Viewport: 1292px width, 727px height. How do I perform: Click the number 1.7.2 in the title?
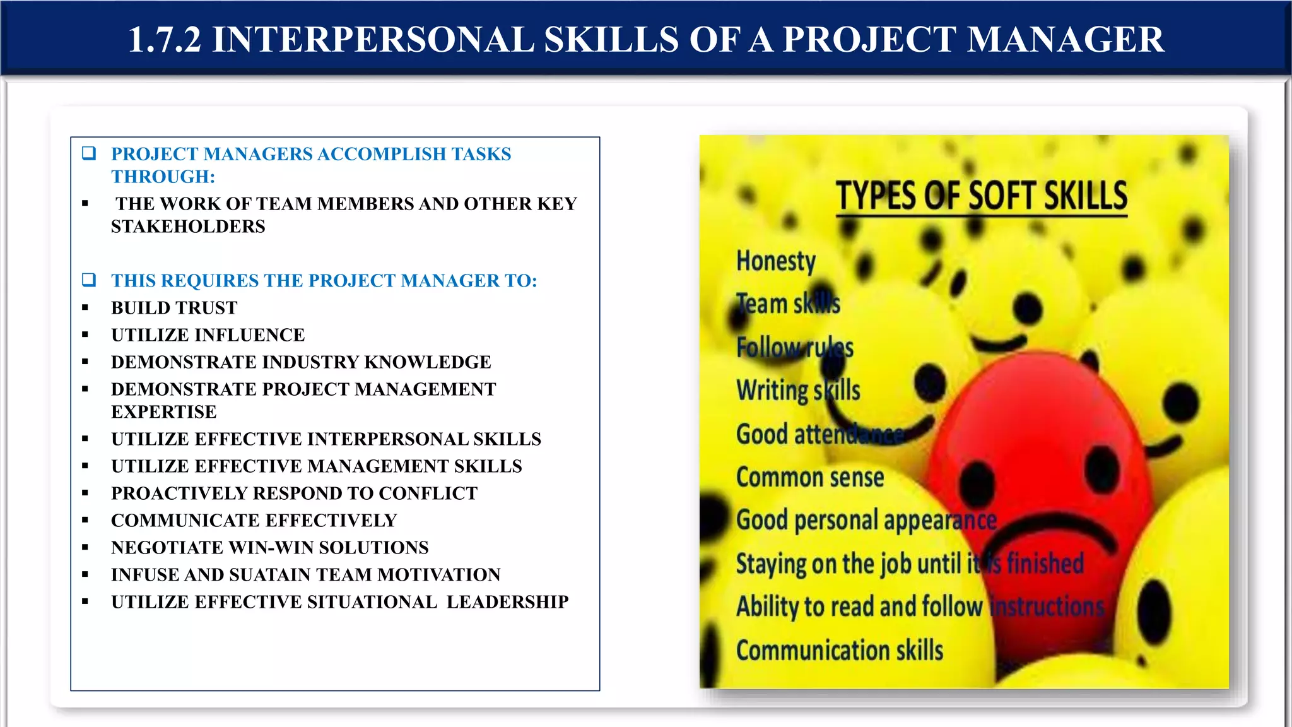pos(165,40)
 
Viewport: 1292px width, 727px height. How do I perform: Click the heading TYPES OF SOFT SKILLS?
pos(982,196)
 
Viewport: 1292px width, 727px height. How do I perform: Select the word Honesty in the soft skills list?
pos(776,261)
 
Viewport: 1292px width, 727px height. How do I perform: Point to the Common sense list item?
pos(810,478)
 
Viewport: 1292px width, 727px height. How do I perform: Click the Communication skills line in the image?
pos(840,651)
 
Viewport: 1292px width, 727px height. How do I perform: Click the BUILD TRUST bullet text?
pos(174,308)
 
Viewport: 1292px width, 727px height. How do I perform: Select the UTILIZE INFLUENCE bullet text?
pos(208,335)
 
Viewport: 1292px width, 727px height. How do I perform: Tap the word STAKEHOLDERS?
pos(188,227)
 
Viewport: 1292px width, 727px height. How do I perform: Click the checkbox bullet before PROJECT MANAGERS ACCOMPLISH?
pos(89,153)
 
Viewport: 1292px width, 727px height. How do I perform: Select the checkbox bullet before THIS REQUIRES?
pos(89,280)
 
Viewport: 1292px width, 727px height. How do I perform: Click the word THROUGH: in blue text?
pos(163,177)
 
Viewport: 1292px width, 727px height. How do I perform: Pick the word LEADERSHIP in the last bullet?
pos(507,602)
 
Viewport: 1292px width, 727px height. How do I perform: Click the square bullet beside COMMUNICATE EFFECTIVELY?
pos(85,521)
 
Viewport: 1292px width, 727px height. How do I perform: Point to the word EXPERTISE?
pos(164,412)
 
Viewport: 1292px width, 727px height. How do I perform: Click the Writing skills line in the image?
pos(798,391)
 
